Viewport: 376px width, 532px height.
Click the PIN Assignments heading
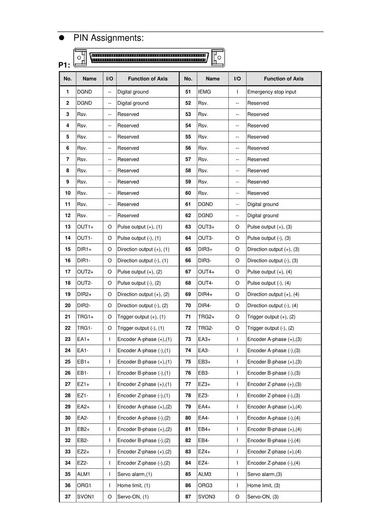(x=108, y=38)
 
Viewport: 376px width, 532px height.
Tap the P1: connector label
(x=64, y=65)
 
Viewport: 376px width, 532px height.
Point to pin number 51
(x=188, y=92)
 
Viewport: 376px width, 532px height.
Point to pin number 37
(x=68, y=497)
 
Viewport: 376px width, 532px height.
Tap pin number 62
(x=188, y=215)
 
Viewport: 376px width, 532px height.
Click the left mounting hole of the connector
(x=79, y=58)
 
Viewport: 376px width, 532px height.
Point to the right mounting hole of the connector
(x=219, y=58)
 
